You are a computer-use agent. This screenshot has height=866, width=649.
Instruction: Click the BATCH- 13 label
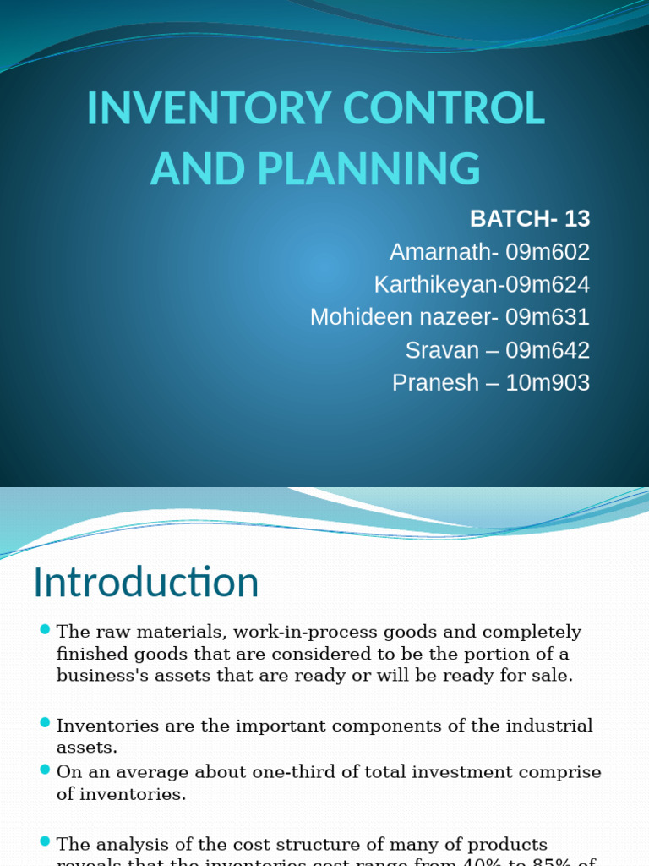coord(529,219)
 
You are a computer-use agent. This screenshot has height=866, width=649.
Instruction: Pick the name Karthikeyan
coord(434,285)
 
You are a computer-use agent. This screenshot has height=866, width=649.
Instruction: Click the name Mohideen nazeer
coord(401,317)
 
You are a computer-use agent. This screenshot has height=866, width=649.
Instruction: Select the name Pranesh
coord(435,383)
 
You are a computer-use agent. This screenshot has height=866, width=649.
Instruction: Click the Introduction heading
coord(145,583)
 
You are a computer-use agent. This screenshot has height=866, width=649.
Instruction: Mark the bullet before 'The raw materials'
coord(45,629)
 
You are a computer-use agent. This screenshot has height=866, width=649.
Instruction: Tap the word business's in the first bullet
coord(103,675)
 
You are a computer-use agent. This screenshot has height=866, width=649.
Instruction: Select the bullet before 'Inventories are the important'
coord(45,723)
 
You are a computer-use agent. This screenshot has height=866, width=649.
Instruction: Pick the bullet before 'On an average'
coord(45,770)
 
